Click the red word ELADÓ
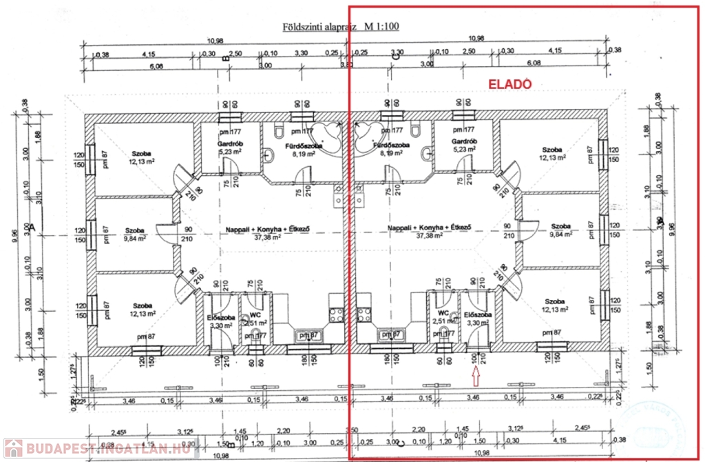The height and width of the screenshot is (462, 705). click(x=510, y=84)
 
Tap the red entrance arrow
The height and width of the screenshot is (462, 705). click(x=475, y=376)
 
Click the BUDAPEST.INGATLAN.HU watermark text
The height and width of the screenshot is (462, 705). click(x=107, y=449)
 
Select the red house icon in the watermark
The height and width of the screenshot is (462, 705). click(x=13, y=448)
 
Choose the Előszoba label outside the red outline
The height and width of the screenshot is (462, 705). click(x=219, y=318)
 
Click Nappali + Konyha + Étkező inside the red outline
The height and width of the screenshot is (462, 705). click(x=428, y=228)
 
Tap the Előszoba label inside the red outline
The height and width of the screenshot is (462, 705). click(x=475, y=314)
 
